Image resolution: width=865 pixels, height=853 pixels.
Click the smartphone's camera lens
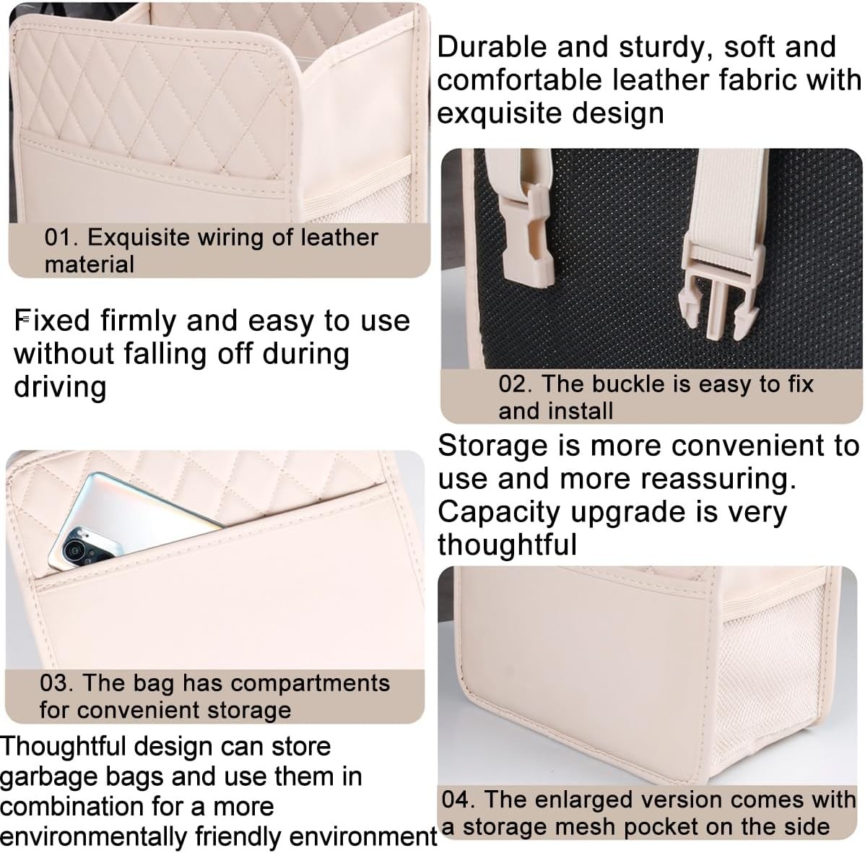click(74, 550)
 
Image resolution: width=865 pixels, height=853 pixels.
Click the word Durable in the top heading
click(492, 46)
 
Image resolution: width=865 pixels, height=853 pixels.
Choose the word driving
click(60, 386)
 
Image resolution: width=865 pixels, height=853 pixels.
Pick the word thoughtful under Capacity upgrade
click(508, 545)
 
